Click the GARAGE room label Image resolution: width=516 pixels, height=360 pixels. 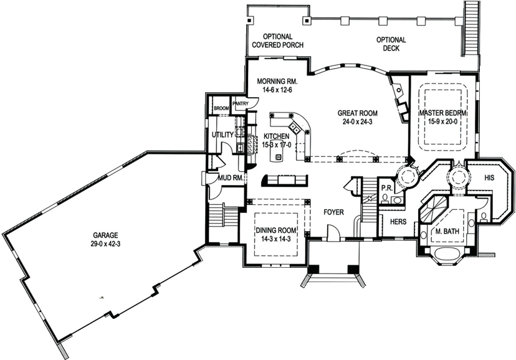tap(105, 235)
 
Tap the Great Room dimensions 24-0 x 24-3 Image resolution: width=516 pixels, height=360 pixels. tap(357, 121)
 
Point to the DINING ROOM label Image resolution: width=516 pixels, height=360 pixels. tap(276, 230)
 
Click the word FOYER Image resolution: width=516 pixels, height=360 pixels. tap(333, 212)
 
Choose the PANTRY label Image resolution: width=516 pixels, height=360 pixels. tap(240, 103)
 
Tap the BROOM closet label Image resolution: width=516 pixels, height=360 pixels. tap(221, 108)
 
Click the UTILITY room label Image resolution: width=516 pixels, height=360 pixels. tap(222, 135)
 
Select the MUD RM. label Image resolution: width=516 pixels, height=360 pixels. tap(231, 178)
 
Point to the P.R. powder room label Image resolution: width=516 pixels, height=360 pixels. tap(385, 187)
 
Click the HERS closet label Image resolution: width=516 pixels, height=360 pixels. tap(398, 222)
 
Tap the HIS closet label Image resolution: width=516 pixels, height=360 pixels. tap(489, 178)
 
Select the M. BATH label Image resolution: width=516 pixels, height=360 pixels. tap(447, 231)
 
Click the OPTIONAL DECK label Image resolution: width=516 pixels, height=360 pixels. tap(391, 44)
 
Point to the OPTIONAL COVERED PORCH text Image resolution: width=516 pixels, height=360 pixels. tap(278, 40)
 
